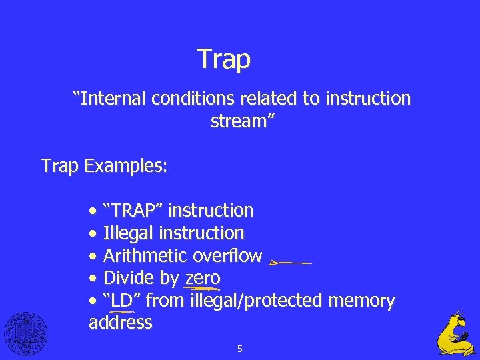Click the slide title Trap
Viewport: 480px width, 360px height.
pos(224,59)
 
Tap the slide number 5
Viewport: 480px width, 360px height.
pos(239,348)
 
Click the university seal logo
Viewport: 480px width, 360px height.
pos(26,333)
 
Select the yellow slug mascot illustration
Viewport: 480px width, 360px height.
pos(456,333)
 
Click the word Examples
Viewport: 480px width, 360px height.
pos(126,165)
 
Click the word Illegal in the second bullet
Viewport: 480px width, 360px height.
pos(129,233)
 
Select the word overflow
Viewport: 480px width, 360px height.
pos(227,256)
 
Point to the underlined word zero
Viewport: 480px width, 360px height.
pos(203,278)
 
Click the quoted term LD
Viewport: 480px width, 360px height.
pos(122,301)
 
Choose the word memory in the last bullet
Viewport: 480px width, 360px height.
pos(361,301)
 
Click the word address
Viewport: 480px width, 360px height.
pos(120,323)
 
